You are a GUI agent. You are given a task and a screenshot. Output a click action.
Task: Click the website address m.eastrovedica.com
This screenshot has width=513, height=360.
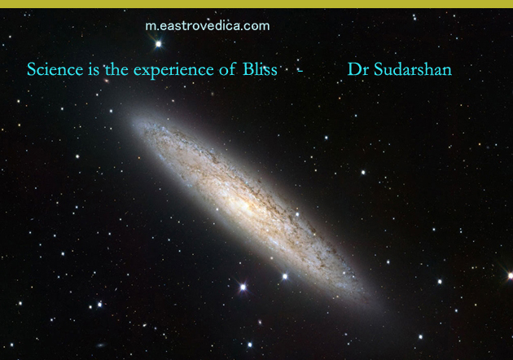208,26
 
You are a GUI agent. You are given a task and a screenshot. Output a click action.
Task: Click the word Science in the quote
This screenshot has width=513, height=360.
55,69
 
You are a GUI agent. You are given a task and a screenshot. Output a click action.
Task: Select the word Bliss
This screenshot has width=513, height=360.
260,69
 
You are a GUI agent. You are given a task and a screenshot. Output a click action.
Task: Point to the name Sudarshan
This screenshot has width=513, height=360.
413,69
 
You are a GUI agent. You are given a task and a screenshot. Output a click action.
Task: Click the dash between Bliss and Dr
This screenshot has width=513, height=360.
300,70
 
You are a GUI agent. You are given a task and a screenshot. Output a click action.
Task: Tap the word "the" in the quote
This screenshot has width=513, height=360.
116,69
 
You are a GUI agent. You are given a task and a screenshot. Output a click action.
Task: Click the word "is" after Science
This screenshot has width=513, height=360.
94,70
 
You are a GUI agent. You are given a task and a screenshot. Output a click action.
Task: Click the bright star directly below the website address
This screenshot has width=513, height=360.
158,43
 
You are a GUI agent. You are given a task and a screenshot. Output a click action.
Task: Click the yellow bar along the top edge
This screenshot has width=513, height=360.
256,3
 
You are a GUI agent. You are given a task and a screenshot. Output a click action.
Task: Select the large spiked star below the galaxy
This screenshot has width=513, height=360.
243,287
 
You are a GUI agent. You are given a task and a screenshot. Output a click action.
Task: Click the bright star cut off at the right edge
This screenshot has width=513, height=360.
510,276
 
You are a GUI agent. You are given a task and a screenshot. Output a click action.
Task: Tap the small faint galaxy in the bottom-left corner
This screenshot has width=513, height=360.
101,345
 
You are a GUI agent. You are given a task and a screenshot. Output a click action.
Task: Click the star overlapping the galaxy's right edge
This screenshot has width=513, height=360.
297,214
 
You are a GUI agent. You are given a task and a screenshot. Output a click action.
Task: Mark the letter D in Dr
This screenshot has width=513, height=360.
353,69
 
